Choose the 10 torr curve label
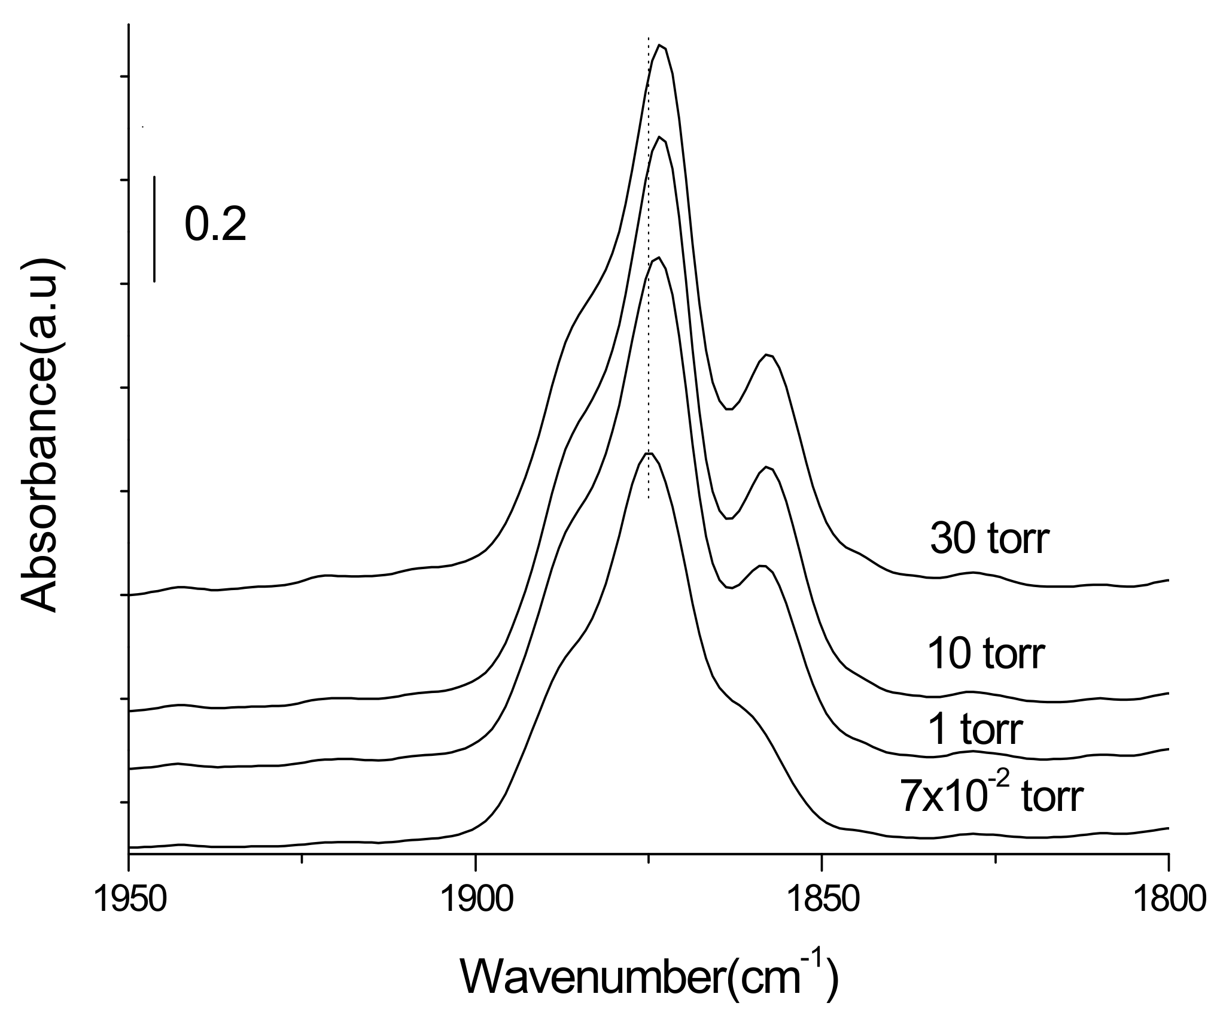(986, 654)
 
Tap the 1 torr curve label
(975, 730)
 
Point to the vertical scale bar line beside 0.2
(154, 229)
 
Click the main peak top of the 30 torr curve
(660, 45)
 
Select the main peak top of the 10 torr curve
(659, 137)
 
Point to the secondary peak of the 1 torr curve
(762, 565)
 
